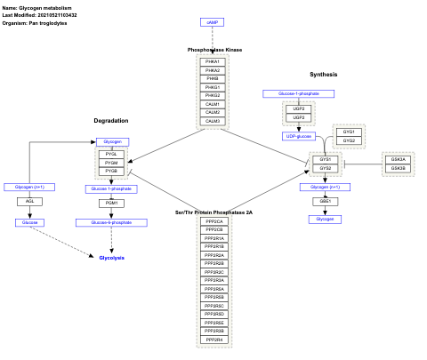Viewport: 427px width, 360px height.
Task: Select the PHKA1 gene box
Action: point(213,61)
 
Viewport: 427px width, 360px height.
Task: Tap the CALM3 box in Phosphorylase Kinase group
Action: point(213,121)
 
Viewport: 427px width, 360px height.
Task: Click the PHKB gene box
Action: point(213,78)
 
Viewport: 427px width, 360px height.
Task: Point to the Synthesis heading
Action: point(323,74)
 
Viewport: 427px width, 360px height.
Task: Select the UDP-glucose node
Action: point(299,136)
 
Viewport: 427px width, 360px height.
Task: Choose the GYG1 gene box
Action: point(349,132)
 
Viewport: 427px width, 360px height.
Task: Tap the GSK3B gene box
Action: point(398,168)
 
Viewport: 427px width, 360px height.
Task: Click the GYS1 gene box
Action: point(325,159)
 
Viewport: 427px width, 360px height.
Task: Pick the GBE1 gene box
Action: point(325,202)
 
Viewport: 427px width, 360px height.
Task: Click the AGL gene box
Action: point(29,202)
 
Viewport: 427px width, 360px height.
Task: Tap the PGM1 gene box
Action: point(111,204)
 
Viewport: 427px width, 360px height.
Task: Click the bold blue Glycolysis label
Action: point(111,257)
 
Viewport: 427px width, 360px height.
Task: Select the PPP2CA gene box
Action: point(213,221)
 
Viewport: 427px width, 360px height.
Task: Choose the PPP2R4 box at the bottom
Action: point(213,340)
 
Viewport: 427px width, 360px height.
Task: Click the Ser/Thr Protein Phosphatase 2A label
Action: point(213,212)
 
